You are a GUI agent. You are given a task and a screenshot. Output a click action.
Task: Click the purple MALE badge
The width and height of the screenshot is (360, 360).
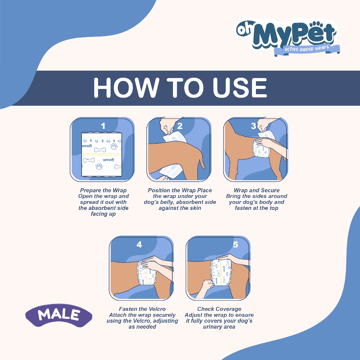(x=59, y=315)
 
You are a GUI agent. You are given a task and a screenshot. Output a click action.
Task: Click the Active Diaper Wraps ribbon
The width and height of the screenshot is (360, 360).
(x=307, y=50)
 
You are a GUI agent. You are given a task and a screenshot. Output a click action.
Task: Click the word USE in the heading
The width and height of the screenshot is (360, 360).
(x=240, y=88)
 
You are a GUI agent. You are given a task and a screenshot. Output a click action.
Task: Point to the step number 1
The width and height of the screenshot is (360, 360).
(x=103, y=126)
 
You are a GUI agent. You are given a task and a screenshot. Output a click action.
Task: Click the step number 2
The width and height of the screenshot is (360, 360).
(x=180, y=126)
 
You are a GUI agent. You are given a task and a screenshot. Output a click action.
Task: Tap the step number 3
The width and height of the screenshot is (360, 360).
(x=253, y=126)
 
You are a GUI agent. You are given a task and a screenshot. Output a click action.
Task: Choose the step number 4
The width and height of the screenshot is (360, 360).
(x=139, y=245)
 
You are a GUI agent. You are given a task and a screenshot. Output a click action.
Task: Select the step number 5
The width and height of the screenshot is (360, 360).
(x=235, y=245)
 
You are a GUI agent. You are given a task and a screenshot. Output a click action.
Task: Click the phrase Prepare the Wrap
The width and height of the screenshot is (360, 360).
(x=103, y=190)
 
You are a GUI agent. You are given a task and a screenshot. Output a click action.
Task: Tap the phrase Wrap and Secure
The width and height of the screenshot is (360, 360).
(x=256, y=190)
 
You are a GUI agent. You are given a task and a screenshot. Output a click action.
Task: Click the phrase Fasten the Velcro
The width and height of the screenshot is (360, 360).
(x=142, y=309)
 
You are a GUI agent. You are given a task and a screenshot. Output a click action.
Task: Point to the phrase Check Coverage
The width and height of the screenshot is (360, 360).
(x=219, y=309)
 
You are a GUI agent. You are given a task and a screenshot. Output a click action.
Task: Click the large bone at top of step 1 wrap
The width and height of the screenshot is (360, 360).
(x=100, y=150)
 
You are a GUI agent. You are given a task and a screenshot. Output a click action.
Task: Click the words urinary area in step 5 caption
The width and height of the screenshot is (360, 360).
(x=219, y=327)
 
